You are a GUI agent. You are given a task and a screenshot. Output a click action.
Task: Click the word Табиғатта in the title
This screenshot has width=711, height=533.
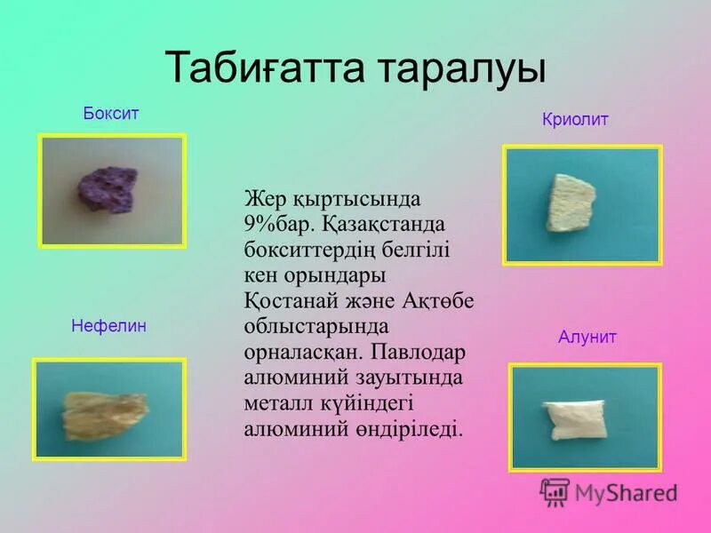260,69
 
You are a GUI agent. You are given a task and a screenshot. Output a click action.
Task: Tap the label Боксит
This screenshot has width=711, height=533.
111,114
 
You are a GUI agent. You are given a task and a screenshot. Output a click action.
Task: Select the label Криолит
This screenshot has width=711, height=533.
575,120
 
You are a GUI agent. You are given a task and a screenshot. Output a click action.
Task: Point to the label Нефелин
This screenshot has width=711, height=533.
108,326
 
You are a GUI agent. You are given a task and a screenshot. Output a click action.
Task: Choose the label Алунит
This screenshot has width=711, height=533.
587,338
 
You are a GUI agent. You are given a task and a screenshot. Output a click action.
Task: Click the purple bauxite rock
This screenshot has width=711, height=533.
108,187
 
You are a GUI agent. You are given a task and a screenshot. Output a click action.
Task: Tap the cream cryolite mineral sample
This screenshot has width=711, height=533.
569,203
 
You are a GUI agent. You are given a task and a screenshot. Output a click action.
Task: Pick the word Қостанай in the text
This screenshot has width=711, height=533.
289,300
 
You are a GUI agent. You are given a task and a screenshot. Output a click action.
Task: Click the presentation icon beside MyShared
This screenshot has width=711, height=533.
555,492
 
